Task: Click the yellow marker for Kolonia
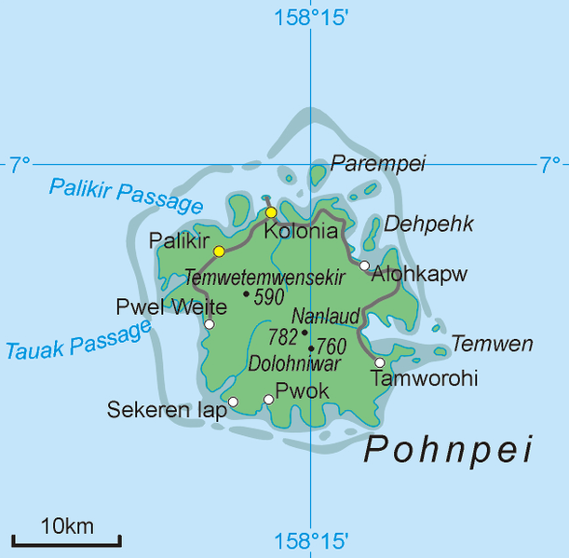coord(271,212)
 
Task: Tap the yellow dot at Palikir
coord(219,252)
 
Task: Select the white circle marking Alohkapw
coord(364,265)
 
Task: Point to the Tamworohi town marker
coord(380,362)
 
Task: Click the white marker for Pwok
coord(269,400)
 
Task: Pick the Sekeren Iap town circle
coord(233,401)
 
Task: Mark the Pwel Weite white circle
coord(210,324)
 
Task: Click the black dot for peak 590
coord(246,294)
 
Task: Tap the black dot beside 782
coord(305,332)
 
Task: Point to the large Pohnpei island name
coord(448,450)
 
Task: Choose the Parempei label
coord(378,164)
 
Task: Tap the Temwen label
coord(493,345)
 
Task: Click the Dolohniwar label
coord(294,364)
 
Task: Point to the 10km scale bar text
coord(66,526)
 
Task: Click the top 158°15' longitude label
coord(312,17)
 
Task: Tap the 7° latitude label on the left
coord(20,166)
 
